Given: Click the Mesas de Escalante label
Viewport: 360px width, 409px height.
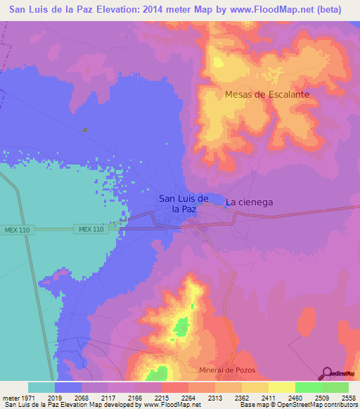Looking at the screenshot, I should (x=267, y=93).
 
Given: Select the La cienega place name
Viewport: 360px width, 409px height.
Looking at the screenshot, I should (x=249, y=202).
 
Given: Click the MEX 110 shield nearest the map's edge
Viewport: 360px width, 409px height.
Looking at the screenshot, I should (x=15, y=229).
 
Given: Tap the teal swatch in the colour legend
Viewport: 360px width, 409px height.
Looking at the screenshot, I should (x=41, y=387).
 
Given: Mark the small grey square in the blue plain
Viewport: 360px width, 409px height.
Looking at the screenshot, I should (x=85, y=129).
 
